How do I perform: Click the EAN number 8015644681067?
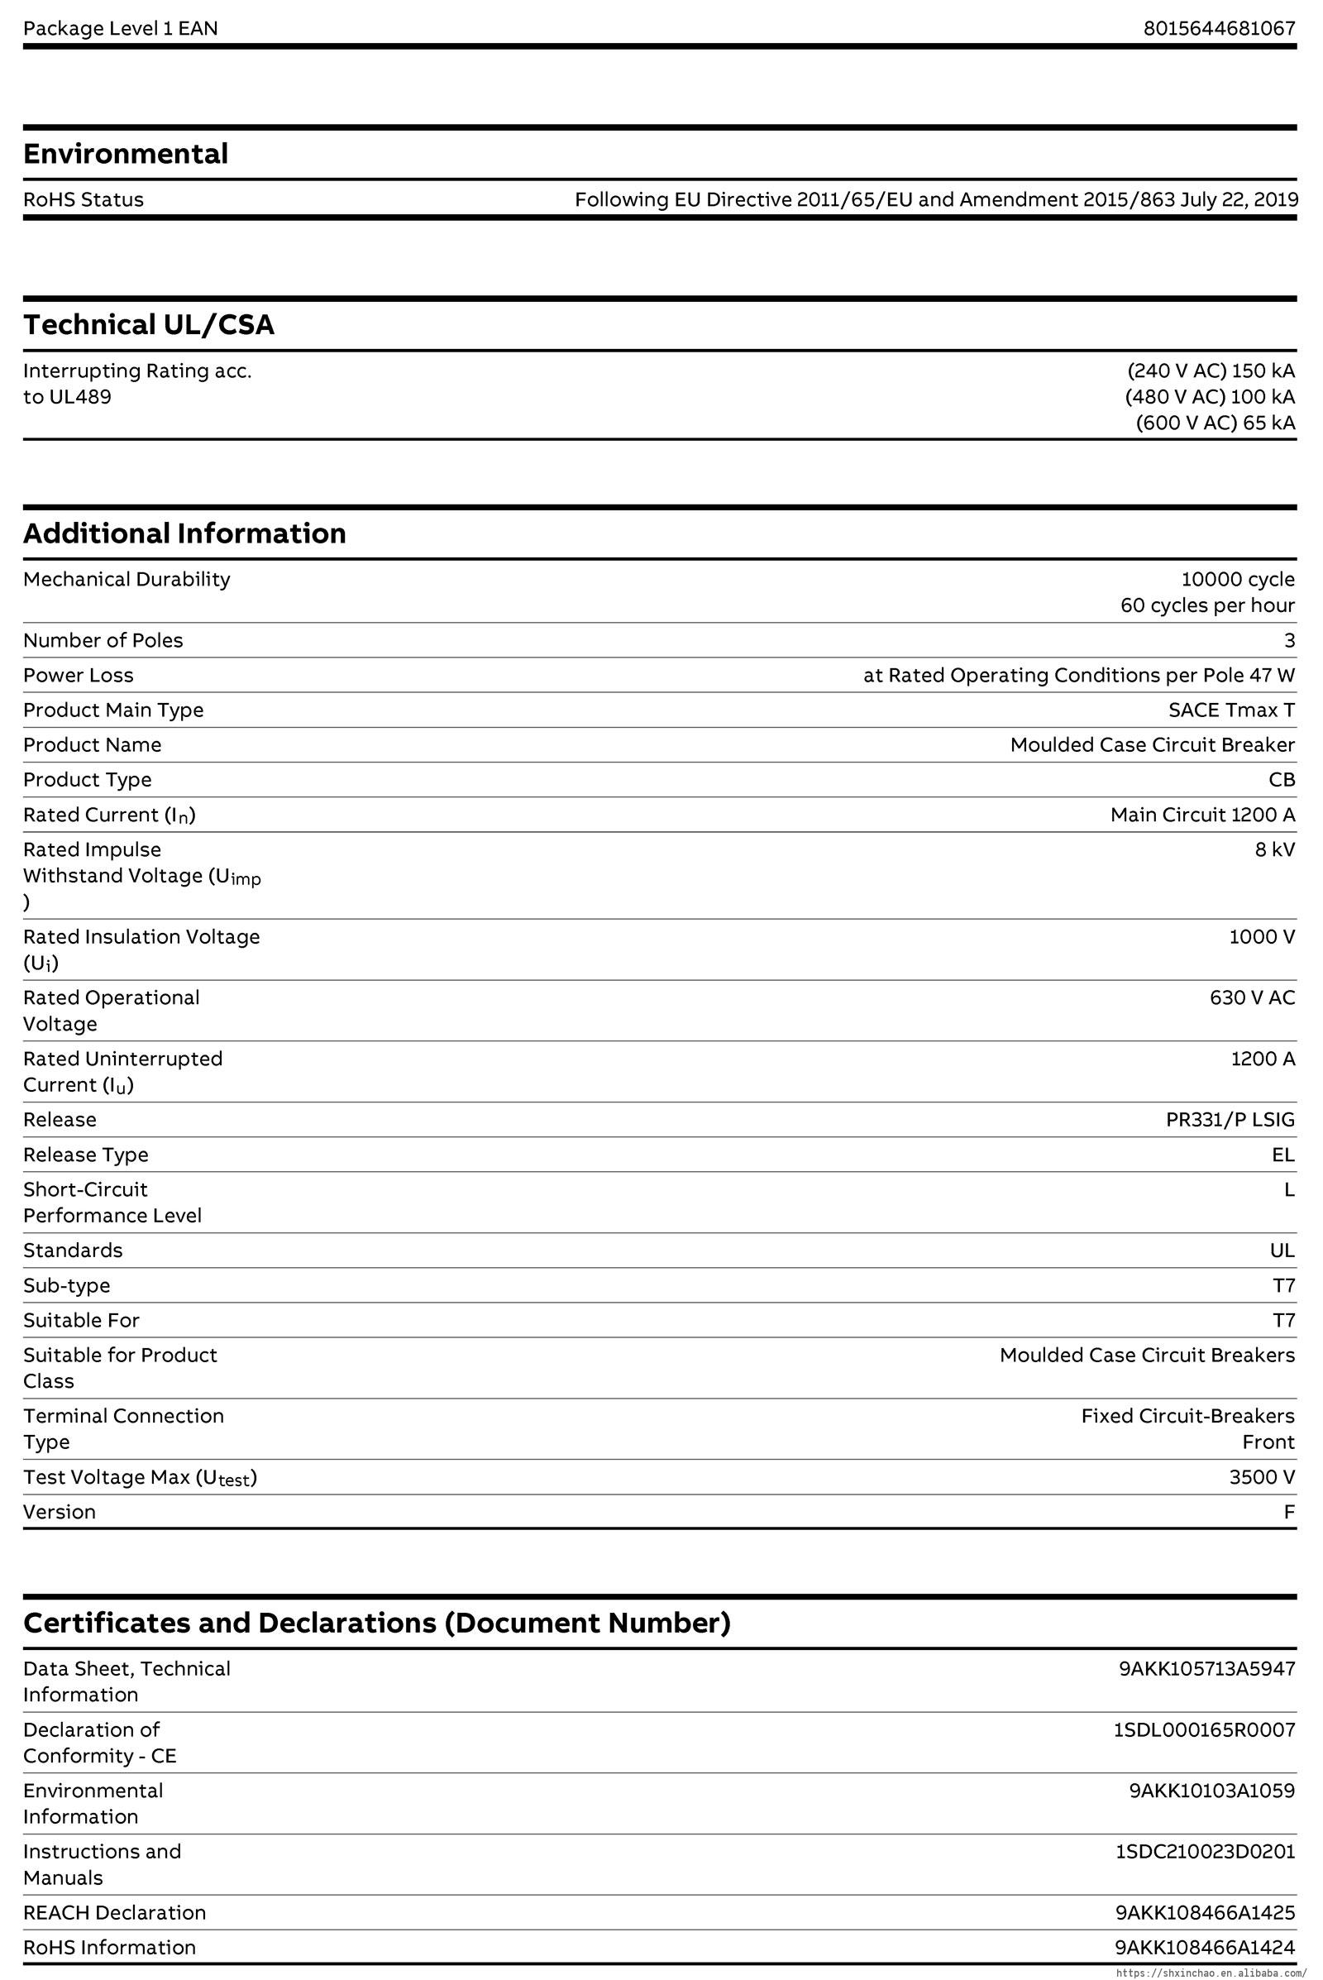(1218, 29)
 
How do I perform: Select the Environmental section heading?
(126, 154)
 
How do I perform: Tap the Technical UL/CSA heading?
(149, 325)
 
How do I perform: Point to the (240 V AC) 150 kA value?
(1211, 371)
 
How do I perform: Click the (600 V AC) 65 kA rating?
(1215, 423)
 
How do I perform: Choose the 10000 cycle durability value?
(1237, 579)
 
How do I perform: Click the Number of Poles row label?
(103, 641)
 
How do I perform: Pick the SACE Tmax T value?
(1231, 710)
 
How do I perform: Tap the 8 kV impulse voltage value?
(1274, 850)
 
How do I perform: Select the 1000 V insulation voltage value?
(1262, 937)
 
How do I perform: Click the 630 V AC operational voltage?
(1252, 997)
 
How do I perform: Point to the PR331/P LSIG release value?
(1230, 1120)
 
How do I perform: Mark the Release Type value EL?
(1282, 1155)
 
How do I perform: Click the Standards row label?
(73, 1251)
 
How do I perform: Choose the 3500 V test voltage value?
(1262, 1477)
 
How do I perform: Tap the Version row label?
(59, 1512)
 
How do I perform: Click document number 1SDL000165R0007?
(1204, 1730)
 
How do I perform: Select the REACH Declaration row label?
(115, 1912)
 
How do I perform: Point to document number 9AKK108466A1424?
(1205, 1947)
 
